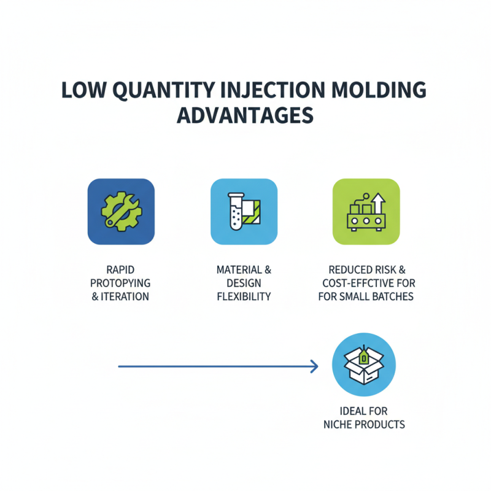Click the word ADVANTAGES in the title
(x=245, y=115)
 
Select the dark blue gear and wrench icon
(x=122, y=212)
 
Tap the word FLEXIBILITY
(x=244, y=297)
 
